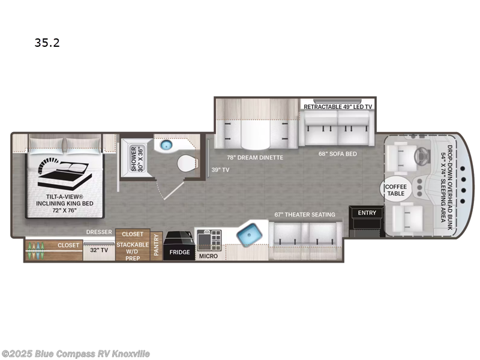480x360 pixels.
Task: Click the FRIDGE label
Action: click(x=179, y=252)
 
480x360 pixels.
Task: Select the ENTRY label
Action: click(x=366, y=213)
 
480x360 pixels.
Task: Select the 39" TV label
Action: click(x=220, y=170)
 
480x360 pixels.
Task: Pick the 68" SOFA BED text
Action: click(x=338, y=154)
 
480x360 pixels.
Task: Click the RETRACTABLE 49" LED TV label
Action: click(x=338, y=107)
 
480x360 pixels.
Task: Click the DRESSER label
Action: click(x=100, y=232)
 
